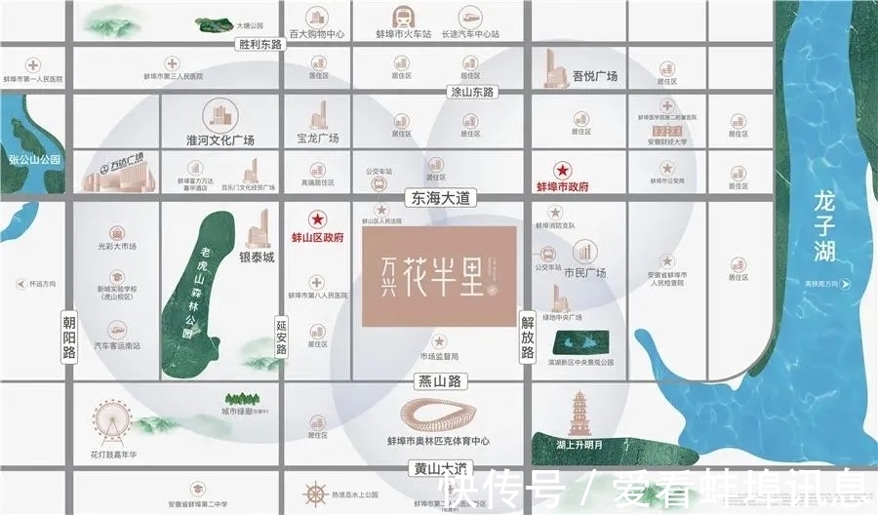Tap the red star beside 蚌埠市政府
pos(561,169)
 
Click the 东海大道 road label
pos(437,198)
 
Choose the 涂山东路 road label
pos(472,92)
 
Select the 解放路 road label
pos(528,335)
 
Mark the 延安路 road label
pos(283,337)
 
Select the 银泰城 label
pos(258,257)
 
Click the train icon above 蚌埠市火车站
pos(402,16)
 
